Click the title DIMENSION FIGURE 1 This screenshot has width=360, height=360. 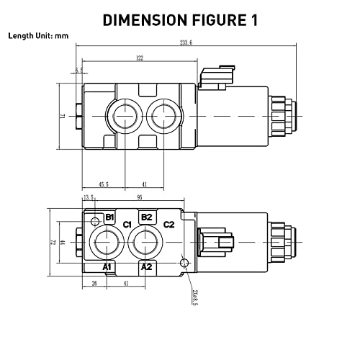click(180, 19)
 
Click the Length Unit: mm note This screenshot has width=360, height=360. click(37, 35)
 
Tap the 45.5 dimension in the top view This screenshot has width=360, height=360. click(104, 184)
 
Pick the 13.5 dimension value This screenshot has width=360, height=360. click(89, 197)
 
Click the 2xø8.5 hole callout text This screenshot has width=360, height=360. click(195, 294)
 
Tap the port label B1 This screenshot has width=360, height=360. click(110, 217)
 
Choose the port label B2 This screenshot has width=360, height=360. click(146, 217)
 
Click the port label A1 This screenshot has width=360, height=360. click(108, 266)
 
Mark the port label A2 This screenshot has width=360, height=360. click(146, 266)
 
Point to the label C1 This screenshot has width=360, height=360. click(127, 225)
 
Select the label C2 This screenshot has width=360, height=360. click(169, 225)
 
